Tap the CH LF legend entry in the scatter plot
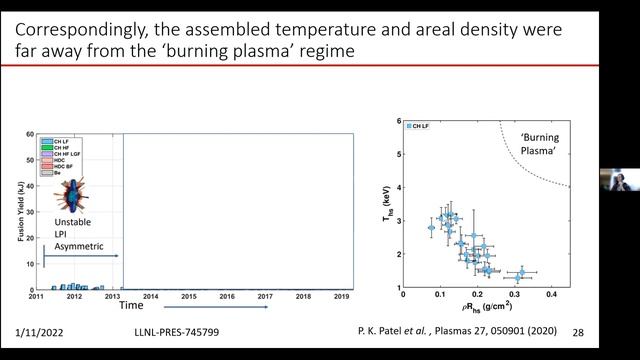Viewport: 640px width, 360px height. (x=422, y=127)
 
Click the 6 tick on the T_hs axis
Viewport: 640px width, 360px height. (x=398, y=121)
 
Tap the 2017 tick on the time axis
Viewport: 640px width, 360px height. (x=265, y=296)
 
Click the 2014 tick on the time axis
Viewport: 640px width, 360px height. (x=151, y=296)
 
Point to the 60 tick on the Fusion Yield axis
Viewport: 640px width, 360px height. (x=32, y=132)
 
